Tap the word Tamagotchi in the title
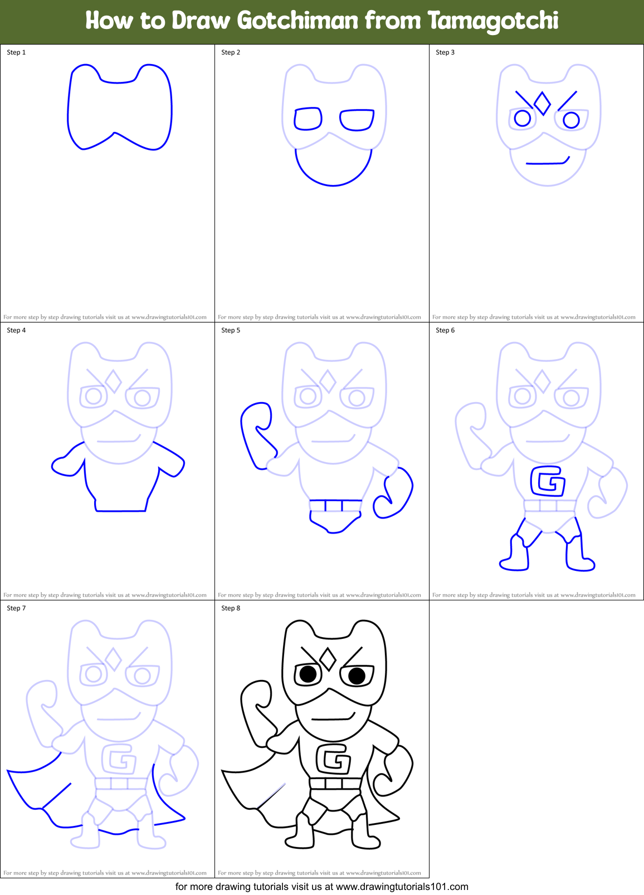click(x=492, y=21)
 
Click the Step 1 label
click(x=16, y=52)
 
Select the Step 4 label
click(x=16, y=330)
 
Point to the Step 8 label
click(x=231, y=608)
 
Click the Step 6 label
click(x=445, y=330)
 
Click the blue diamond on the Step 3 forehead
click(x=542, y=103)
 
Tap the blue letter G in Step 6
click(x=548, y=481)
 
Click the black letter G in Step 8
click(x=333, y=759)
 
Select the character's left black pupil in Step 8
click(x=308, y=674)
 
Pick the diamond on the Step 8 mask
click(x=328, y=659)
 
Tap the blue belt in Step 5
click(x=336, y=505)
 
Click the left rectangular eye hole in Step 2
click(x=308, y=119)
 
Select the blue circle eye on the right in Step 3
click(x=571, y=120)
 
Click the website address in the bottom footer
click(x=402, y=887)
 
